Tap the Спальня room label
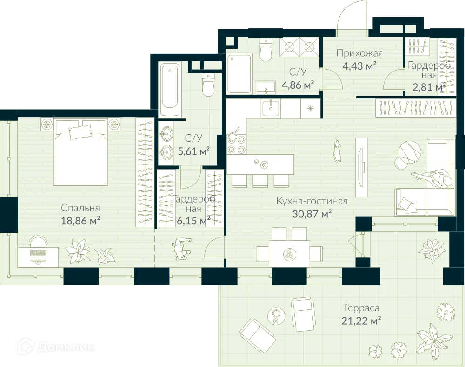(x=80, y=208)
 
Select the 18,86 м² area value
(x=81, y=221)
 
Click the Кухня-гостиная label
(x=312, y=201)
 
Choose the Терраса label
(x=361, y=308)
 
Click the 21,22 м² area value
(x=361, y=320)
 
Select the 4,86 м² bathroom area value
(x=298, y=85)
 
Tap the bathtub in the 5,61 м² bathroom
(x=170, y=90)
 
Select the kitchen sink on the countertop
(x=270, y=108)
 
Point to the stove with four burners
(x=236, y=144)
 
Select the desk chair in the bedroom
(x=38, y=242)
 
